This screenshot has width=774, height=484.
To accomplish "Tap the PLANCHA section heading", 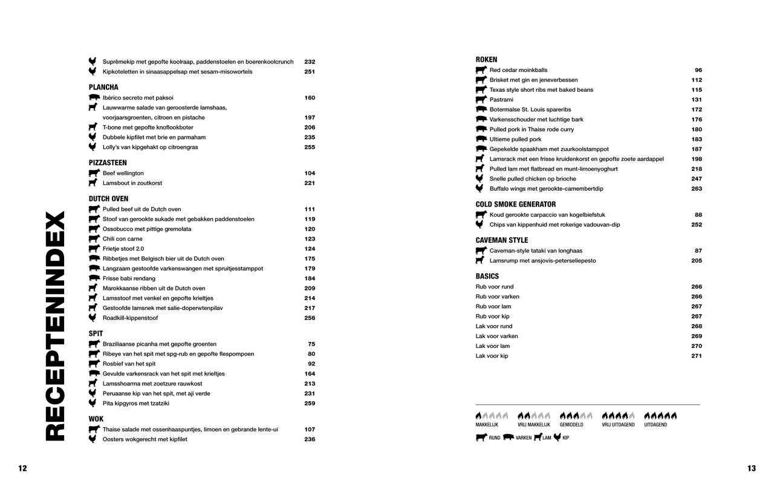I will pyautogui.click(x=103, y=88).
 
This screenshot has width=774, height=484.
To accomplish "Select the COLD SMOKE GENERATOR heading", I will pyautogui.click(x=515, y=204).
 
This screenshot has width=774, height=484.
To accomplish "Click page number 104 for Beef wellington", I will pyautogui.click(x=310, y=173).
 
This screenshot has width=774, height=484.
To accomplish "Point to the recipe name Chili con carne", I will pyautogui.click(x=122, y=239).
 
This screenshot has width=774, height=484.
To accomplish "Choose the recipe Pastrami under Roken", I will pyautogui.click(x=501, y=100).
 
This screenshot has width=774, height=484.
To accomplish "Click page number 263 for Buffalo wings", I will pyautogui.click(x=697, y=189).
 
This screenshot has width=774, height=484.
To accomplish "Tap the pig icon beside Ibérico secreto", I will pyautogui.click(x=93, y=97).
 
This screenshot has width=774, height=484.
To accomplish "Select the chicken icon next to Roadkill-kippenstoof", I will pyautogui.click(x=93, y=318).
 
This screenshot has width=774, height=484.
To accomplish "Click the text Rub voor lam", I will pyautogui.click(x=493, y=306).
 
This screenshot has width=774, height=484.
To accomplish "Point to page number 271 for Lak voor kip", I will pyautogui.click(x=697, y=356).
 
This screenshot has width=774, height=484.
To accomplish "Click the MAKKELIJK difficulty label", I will pyautogui.click(x=487, y=425).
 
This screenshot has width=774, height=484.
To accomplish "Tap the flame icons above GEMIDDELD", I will pyautogui.click(x=576, y=416).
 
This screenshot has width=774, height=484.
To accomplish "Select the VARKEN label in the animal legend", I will pyautogui.click(x=524, y=437).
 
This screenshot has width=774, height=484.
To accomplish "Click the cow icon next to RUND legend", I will pyautogui.click(x=481, y=437).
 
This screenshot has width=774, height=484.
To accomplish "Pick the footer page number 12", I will pyautogui.click(x=22, y=468).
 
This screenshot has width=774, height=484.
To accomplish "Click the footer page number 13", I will pyautogui.click(x=752, y=468).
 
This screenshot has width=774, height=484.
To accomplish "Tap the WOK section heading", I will pyautogui.click(x=96, y=419).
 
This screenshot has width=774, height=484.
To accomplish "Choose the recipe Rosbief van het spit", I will pyautogui.click(x=129, y=364).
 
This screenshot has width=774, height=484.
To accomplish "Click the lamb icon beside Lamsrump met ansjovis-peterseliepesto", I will pyautogui.click(x=480, y=260).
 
